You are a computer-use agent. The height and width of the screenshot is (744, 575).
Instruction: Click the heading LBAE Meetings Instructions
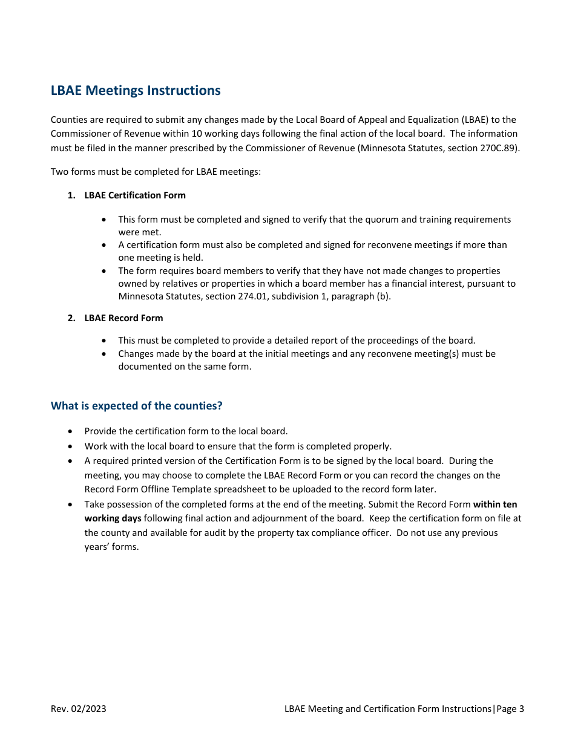[136, 91]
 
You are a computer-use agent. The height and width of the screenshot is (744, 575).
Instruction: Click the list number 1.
[71, 195]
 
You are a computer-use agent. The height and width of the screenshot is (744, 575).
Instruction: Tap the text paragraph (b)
[362, 296]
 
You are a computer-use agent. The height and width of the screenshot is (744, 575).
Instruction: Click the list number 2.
[71, 318]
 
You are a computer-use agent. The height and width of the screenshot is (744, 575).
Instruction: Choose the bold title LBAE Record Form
[123, 318]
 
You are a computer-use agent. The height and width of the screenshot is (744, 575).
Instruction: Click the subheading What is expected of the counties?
[136, 406]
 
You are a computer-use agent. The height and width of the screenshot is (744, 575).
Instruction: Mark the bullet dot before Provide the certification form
[71, 432]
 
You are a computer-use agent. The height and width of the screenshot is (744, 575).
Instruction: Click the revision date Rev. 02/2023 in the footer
[78, 709]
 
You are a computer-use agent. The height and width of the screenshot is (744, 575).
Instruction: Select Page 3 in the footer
[510, 709]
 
